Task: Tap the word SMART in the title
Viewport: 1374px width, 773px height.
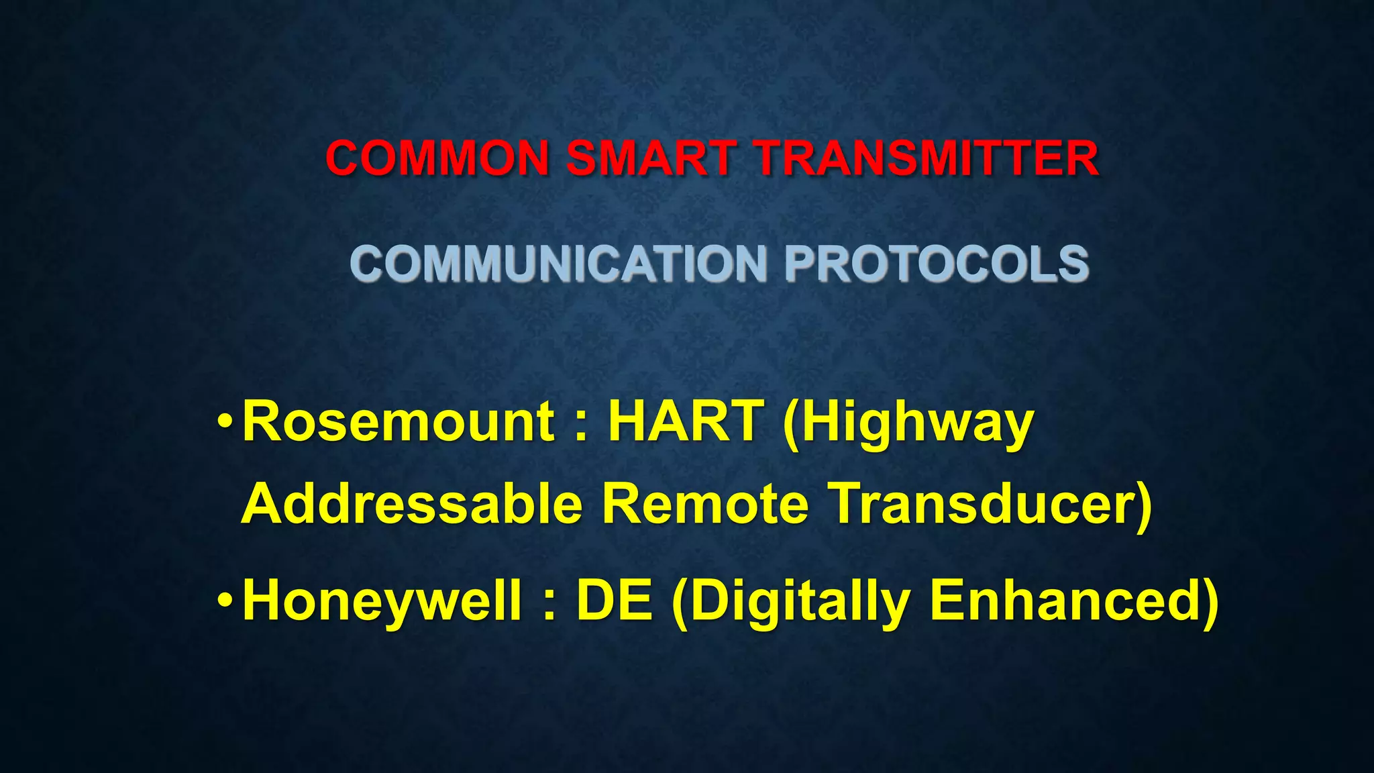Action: pos(651,159)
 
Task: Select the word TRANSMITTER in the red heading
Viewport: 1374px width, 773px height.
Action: pos(926,159)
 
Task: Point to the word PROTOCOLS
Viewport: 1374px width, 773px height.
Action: pos(937,263)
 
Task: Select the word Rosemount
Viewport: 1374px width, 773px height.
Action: pos(399,422)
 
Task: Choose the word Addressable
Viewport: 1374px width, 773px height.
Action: pos(411,505)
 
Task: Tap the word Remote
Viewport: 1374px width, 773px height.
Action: pos(705,505)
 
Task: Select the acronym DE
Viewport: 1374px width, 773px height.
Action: pos(614,601)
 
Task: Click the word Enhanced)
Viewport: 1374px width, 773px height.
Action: pos(1074,602)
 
